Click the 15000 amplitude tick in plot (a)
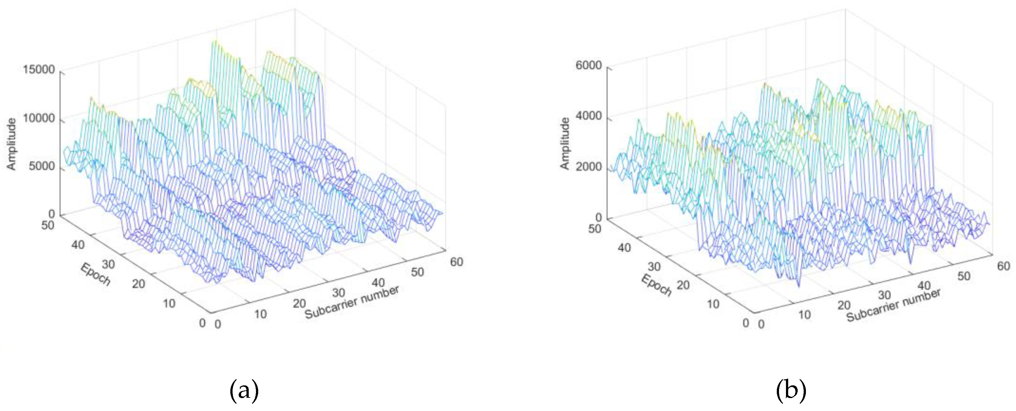(39, 70)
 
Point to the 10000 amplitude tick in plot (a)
(39, 119)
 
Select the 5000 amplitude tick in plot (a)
(41, 166)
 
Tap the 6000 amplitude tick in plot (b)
(589, 65)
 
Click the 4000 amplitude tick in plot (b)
(589, 116)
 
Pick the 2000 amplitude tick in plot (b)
(589, 167)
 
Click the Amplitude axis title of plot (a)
(11, 144)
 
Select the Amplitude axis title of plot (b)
(565, 144)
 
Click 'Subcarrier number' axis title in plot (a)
(352, 302)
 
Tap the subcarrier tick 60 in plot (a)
(456, 262)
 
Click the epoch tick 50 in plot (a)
(47, 226)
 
